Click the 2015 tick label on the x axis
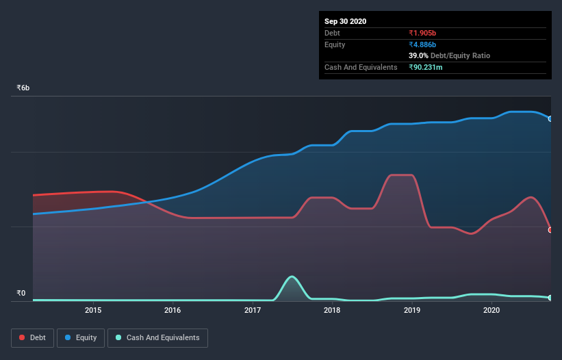93,310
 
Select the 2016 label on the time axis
173,310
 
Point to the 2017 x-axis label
253,310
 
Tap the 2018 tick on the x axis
332,310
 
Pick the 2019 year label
412,310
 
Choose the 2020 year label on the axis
491,310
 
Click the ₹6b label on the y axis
23,88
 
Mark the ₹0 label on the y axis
21,294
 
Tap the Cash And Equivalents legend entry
157,337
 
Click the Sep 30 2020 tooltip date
345,21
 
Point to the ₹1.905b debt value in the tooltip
424,33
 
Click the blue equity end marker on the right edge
550,118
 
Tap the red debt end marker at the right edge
550,230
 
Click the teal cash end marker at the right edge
550,298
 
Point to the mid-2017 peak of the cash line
292,277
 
